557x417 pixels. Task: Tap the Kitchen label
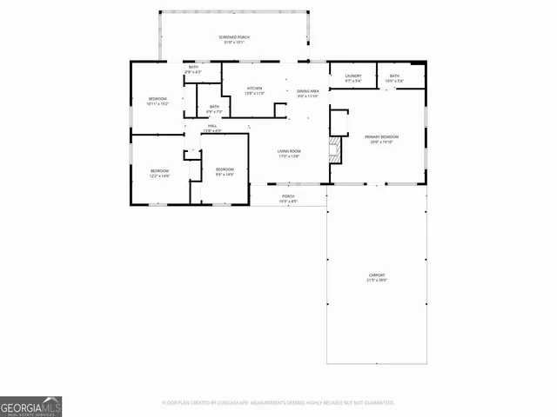point(255,89)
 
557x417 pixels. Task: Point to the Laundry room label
point(352,76)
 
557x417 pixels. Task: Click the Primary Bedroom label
point(382,137)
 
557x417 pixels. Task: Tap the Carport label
point(377,275)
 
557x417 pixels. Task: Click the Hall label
point(212,126)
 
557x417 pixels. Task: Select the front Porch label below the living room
point(288,197)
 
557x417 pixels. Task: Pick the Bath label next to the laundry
point(394,76)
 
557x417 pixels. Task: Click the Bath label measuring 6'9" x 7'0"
point(214,107)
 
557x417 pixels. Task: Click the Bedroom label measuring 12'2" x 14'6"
point(159,170)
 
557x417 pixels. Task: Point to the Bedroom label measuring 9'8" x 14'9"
point(225,169)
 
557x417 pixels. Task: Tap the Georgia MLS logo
point(31,406)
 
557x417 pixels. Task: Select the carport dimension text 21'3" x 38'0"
point(377,281)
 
